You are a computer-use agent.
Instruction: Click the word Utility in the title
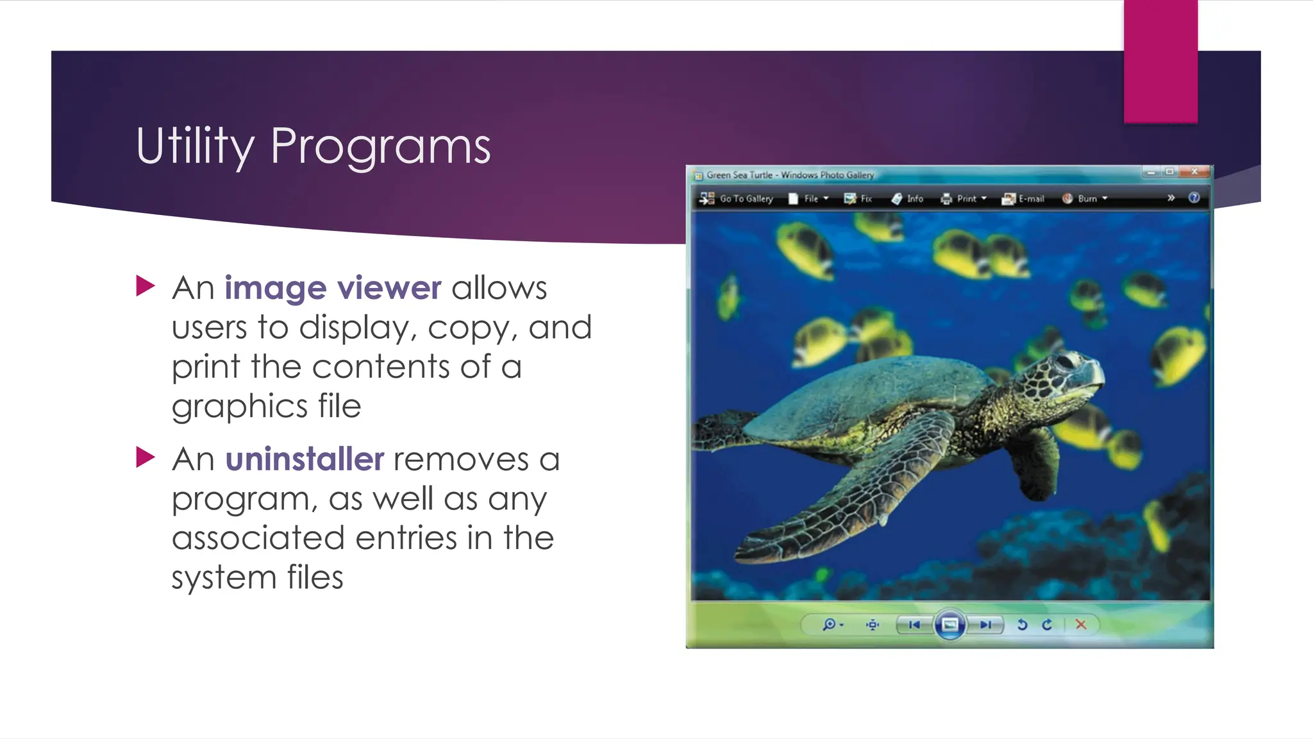pyautogui.click(x=195, y=146)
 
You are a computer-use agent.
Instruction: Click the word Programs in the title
pyautogui.click(x=380, y=146)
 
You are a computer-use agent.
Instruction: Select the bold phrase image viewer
pyautogui.click(x=332, y=287)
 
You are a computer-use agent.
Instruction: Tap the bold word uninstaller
pyautogui.click(x=305, y=459)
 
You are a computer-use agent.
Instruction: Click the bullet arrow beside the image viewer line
pyautogui.click(x=146, y=286)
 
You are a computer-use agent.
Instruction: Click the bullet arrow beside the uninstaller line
pyautogui.click(x=146, y=457)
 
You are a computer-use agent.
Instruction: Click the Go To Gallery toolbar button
pyautogui.click(x=737, y=199)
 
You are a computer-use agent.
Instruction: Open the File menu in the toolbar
pyautogui.click(x=808, y=199)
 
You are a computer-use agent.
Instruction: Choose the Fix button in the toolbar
pyautogui.click(x=858, y=199)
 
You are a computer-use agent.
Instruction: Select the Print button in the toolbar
pyautogui.click(x=963, y=199)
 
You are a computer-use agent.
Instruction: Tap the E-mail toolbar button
pyautogui.click(x=1023, y=199)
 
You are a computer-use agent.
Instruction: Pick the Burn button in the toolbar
pyautogui.click(x=1084, y=199)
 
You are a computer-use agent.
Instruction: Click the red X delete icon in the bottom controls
pyautogui.click(x=1081, y=624)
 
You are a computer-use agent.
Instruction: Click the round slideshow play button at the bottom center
pyautogui.click(x=949, y=624)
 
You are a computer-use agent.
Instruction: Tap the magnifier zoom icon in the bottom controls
pyautogui.click(x=830, y=624)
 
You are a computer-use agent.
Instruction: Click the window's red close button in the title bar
pyautogui.click(x=1194, y=172)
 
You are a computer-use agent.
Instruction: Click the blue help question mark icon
pyautogui.click(x=1194, y=198)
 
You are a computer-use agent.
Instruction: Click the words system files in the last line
pyautogui.click(x=257, y=577)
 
